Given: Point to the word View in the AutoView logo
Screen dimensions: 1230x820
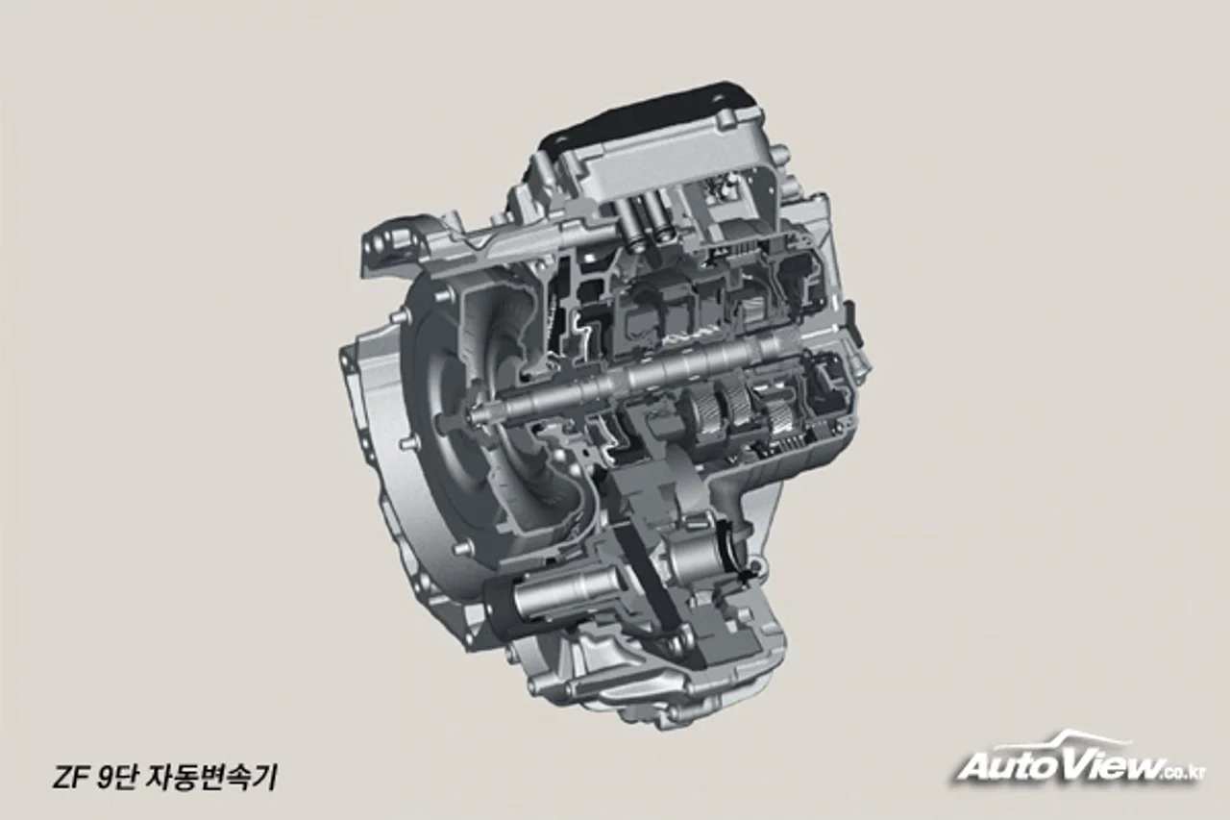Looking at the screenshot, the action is pyautogui.click(x=1119, y=763).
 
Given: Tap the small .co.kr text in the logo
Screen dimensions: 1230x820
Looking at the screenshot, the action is pyautogui.click(x=1182, y=772).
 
